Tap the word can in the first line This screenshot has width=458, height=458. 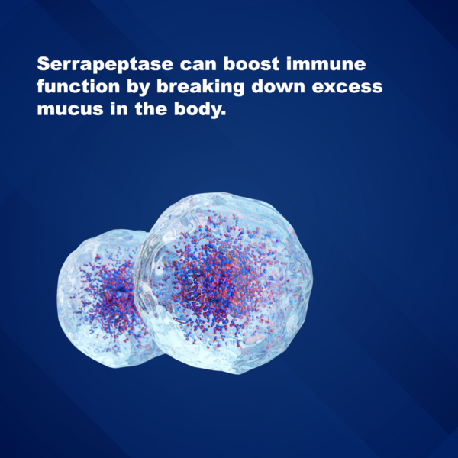coord(198,65)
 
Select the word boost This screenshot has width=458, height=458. coord(251,64)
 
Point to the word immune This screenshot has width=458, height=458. coord(326,64)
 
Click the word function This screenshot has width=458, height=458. coord(79,86)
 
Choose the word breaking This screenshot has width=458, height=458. coord(200,88)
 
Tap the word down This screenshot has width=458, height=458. coord(278,86)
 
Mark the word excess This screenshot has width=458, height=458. coord(347,87)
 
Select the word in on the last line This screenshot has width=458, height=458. coord(119,108)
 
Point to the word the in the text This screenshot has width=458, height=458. coord(150,108)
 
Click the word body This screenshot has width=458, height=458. coord(198,110)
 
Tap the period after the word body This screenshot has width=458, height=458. coord(224,114)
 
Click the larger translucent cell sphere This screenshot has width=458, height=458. coord(224,283)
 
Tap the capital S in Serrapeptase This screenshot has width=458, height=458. coord(44,64)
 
